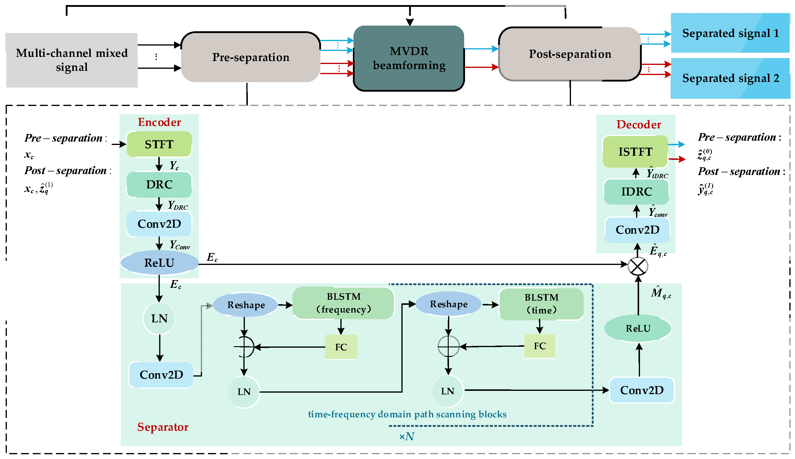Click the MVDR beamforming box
click(x=409, y=58)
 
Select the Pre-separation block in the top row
click(x=251, y=57)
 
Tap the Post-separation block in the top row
click(x=570, y=54)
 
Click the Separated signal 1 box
click(x=730, y=33)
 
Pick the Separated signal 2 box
click(x=730, y=78)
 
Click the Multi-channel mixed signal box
click(x=72, y=60)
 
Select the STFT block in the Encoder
click(x=159, y=144)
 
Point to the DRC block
click(x=159, y=185)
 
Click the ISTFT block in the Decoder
click(x=635, y=152)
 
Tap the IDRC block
click(x=636, y=192)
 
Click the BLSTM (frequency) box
click(x=343, y=303)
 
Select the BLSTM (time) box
click(x=541, y=304)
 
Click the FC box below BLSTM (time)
click(x=539, y=346)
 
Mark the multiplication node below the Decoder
click(x=637, y=266)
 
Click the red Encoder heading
click(x=159, y=122)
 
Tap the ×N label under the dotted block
click(x=406, y=436)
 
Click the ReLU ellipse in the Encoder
click(x=159, y=263)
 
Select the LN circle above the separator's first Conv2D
click(x=159, y=319)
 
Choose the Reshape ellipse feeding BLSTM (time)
click(x=448, y=304)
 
